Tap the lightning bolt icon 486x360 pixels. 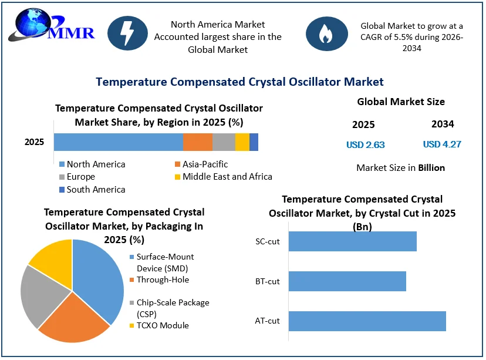pyautogui.click(x=128, y=33)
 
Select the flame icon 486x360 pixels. pyautogui.click(x=327, y=33)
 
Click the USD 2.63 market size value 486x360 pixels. pyautogui.click(x=366, y=145)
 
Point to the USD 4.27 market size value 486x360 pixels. pyautogui.click(x=442, y=144)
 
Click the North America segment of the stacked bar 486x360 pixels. pyautogui.click(x=119, y=142)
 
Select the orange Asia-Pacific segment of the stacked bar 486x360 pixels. pyautogui.click(x=198, y=142)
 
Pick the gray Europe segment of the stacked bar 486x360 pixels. pyautogui.click(x=224, y=142)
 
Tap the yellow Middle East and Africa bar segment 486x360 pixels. pyautogui.click(x=242, y=142)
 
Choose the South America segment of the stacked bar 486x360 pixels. pyautogui.click(x=254, y=142)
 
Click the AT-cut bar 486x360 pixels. pyautogui.click(x=367, y=321)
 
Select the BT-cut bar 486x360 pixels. pyautogui.click(x=347, y=281)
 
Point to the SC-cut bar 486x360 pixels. pyautogui.click(x=352, y=241)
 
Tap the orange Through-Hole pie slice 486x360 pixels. pyautogui.click(x=75, y=319)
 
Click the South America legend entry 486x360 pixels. pyautogui.click(x=92, y=190)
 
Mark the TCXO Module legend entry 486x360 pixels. pyautogui.click(x=159, y=325)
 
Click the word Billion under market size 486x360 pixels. pyautogui.click(x=431, y=168)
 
